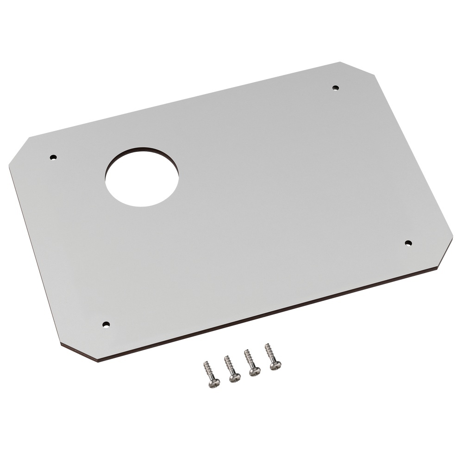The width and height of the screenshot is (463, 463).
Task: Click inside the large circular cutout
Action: click(142, 178)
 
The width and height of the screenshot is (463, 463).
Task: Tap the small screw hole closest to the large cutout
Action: click(53, 157)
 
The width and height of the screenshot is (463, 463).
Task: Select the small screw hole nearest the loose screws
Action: click(106, 324)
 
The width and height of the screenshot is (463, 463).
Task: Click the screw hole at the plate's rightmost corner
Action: click(408, 243)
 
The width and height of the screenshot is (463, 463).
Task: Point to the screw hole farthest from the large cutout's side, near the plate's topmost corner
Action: click(336, 88)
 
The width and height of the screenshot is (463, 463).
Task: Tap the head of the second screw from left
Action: click(235, 378)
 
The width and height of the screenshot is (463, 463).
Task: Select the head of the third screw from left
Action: click(255, 372)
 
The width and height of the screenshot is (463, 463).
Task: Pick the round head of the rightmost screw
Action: click(275, 366)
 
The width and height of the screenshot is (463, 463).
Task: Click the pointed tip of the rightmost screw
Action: click(266, 344)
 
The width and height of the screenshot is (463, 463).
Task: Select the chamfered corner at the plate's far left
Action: click(19, 150)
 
